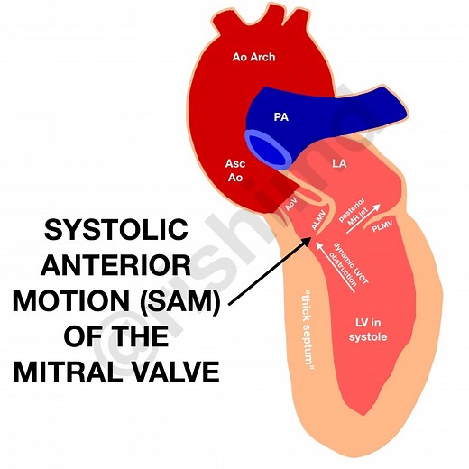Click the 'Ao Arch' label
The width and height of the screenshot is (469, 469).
(253, 58)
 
